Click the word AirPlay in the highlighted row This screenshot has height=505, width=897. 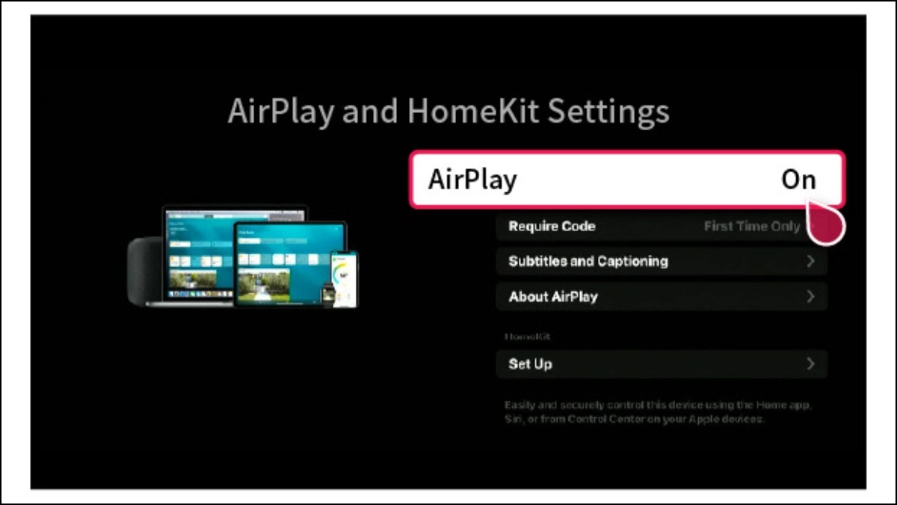click(472, 180)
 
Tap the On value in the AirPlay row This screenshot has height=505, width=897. click(798, 180)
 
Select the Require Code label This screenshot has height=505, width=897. click(552, 226)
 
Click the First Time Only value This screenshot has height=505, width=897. click(751, 226)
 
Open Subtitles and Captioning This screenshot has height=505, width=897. click(588, 261)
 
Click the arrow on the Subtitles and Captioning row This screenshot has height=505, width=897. click(810, 261)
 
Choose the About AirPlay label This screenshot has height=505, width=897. click(553, 296)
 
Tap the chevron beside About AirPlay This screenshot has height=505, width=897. click(810, 296)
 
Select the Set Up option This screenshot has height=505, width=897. click(531, 364)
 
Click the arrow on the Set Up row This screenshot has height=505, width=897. click(810, 364)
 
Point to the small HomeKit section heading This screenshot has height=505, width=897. click(528, 337)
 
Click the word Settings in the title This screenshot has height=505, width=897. click(608, 112)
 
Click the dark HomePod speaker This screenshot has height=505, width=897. click(144, 271)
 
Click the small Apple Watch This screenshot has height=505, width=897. click(327, 295)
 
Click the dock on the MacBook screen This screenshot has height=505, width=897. click(200, 295)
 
